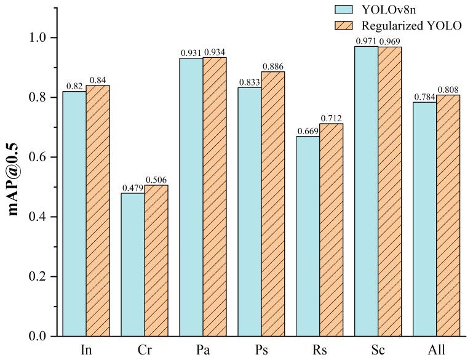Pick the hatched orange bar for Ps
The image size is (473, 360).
click(273, 204)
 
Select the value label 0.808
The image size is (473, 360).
click(448, 90)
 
